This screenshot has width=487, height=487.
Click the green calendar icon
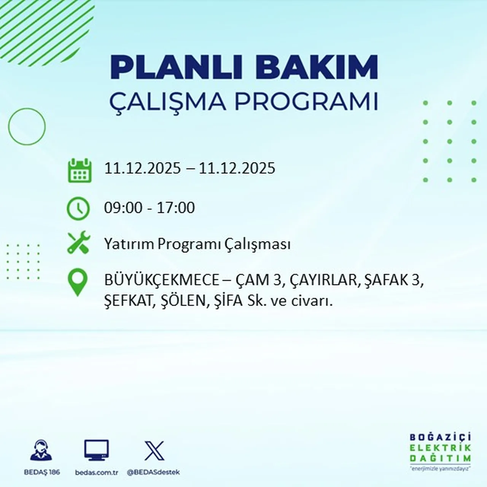80,170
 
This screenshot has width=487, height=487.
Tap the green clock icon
78,208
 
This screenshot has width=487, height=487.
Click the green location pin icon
77,282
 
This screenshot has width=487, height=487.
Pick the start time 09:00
123,208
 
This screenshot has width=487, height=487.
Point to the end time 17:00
176,208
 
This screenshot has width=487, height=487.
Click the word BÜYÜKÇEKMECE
162,280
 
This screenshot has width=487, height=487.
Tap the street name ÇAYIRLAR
323,280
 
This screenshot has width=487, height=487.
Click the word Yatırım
129,244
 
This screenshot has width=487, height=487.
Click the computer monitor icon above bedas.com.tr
96,450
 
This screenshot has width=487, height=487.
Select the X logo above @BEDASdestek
154,451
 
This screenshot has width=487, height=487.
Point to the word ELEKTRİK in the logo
440,448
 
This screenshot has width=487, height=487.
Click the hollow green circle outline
27,126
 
